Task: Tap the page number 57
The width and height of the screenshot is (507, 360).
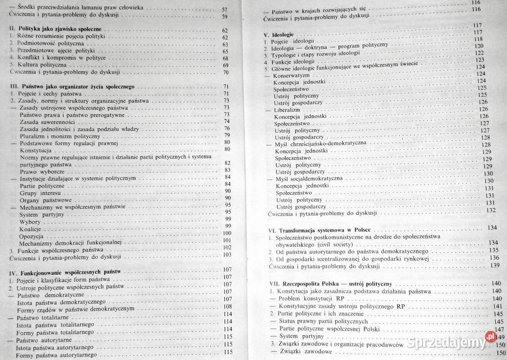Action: (x=224, y=9)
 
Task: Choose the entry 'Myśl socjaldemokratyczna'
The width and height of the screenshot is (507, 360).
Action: (x=309, y=179)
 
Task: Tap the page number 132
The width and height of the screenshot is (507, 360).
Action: (x=492, y=210)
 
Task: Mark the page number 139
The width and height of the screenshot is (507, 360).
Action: (x=494, y=265)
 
